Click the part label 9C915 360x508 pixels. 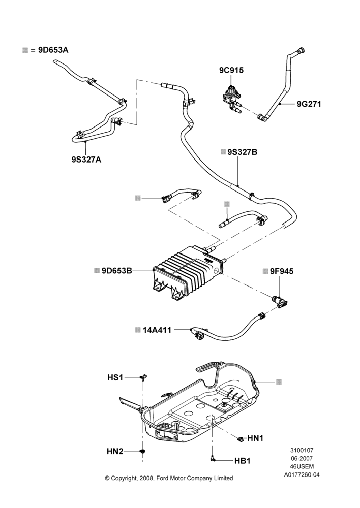231,70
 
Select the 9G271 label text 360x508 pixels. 309,104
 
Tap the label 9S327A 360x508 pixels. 86,160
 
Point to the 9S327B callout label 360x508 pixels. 242,152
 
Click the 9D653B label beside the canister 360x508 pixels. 117,270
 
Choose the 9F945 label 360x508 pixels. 282,271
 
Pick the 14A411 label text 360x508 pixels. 157,330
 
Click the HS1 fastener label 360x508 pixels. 115,377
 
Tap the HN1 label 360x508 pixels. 255,438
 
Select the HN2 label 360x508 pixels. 115,451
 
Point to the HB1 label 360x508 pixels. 242,461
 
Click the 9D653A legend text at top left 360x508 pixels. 53,50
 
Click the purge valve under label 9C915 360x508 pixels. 232,98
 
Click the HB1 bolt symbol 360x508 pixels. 213,458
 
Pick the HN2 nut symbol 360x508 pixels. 143,451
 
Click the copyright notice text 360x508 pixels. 169,478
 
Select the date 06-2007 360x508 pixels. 302,458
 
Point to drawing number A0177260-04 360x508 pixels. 302,475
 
